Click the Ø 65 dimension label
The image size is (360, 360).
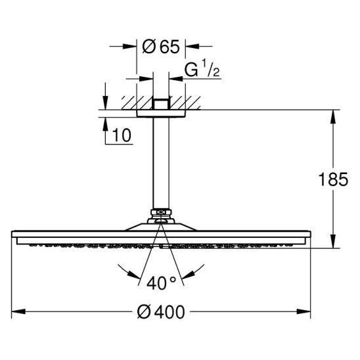[161, 47]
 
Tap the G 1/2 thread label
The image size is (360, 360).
[202, 68]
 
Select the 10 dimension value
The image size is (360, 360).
[122, 135]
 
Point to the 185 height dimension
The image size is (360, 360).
[333, 179]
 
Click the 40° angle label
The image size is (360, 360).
[162, 283]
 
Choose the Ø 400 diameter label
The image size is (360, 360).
[161, 312]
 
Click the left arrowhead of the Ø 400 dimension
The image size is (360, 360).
[18, 311]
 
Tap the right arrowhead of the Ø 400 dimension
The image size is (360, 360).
[304, 311]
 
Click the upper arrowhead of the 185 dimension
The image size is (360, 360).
[333, 117]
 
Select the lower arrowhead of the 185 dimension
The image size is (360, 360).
[333, 241]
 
